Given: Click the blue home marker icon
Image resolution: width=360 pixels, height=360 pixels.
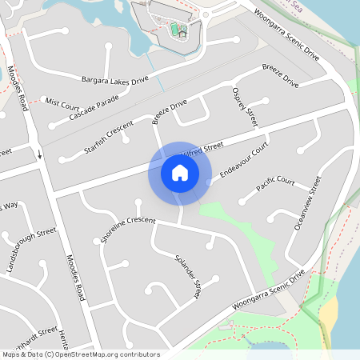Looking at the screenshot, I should click(180, 173).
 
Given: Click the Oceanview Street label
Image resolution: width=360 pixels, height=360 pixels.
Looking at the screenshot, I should click(307, 203).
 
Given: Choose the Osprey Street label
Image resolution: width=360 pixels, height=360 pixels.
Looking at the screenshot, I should click(244, 107).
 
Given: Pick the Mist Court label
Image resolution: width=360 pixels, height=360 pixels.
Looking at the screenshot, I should click(62, 103).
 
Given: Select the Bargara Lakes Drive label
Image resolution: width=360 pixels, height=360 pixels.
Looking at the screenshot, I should click(115, 80).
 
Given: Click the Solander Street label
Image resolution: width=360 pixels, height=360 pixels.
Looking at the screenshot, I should click(187, 277).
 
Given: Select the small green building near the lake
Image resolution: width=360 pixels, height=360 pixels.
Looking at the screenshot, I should click(178, 31).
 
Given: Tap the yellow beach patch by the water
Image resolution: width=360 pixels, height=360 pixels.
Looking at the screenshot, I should click(329, 316).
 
